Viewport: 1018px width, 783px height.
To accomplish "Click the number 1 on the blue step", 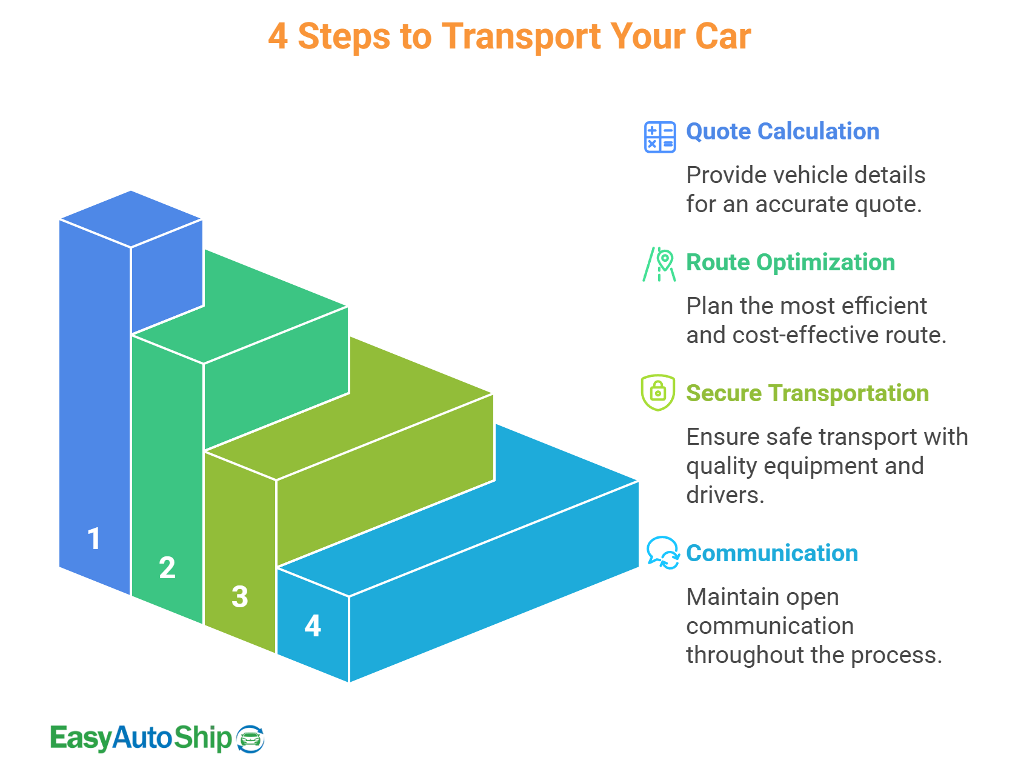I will click(x=94, y=539).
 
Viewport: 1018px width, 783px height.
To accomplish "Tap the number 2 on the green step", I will click(x=167, y=568).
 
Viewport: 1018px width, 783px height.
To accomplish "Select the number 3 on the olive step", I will click(x=240, y=597).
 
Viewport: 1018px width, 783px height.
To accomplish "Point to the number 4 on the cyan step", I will click(x=313, y=626).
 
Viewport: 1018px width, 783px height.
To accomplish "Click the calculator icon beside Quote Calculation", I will click(x=660, y=137).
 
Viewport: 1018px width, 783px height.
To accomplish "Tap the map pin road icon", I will click(x=660, y=265).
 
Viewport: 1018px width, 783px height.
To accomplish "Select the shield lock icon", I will click(x=658, y=393).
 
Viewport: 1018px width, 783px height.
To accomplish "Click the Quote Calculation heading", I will click(x=782, y=132).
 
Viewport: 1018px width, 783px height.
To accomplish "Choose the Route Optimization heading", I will click(x=790, y=262).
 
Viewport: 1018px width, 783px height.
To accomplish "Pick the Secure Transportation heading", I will click(x=807, y=393).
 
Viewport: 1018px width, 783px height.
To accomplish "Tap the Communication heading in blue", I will click(x=772, y=553).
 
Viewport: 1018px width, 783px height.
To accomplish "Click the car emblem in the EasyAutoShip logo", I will click(x=250, y=739).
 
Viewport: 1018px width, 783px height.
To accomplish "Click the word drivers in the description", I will click(x=725, y=495).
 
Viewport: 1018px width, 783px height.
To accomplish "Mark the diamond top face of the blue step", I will click(x=131, y=219).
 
